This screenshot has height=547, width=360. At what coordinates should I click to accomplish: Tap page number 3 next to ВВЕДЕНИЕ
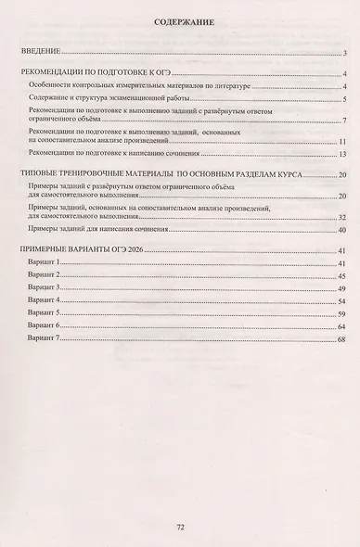tap(344, 55)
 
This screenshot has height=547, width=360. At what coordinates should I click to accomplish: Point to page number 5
tap(344, 99)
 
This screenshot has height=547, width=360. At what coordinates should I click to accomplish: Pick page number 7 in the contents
tap(344, 121)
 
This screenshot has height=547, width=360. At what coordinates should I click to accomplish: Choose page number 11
tap(342, 141)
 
